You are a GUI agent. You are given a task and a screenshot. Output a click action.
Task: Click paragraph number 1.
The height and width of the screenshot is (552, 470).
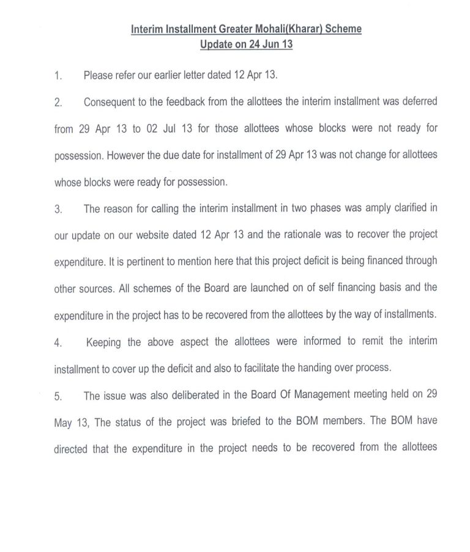click(x=58, y=76)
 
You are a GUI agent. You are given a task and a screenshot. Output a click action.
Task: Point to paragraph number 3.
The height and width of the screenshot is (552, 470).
click(x=58, y=208)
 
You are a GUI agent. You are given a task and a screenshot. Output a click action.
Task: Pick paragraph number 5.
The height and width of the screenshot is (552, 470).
click(x=58, y=396)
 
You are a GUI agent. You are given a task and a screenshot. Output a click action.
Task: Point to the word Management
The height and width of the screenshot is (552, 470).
click(x=318, y=395)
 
